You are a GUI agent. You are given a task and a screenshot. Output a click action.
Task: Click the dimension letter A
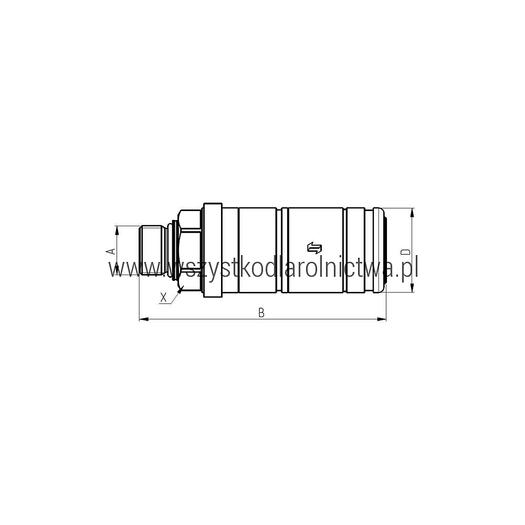point(112,251)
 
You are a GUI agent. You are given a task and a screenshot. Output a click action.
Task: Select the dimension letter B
point(261,312)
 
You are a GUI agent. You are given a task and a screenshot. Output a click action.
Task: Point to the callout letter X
point(163,297)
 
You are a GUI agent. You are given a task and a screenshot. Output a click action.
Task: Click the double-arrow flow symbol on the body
point(314,247)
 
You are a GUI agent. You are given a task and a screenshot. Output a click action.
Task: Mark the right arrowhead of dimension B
point(381,319)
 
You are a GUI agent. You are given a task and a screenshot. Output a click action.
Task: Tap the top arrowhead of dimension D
point(412,213)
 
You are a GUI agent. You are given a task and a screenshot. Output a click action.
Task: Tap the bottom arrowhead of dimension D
point(412,288)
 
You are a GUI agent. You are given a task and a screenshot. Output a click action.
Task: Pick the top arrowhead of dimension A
point(117,230)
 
